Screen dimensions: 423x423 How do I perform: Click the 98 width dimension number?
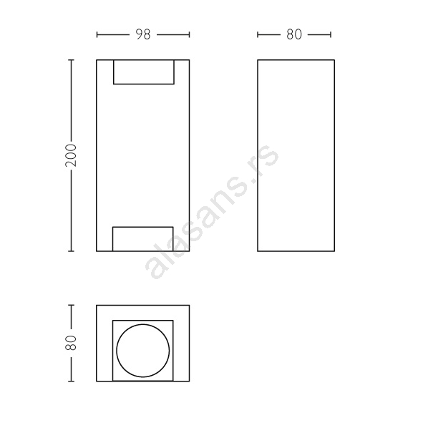click(x=143, y=34)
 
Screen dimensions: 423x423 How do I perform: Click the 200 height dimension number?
click(x=71, y=155)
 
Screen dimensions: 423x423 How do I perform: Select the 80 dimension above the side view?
click(x=294, y=34)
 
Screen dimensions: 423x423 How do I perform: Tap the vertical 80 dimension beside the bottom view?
click(x=71, y=343)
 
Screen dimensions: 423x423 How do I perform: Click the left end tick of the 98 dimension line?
click(x=97, y=34)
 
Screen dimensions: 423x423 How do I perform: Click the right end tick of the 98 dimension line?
click(x=190, y=34)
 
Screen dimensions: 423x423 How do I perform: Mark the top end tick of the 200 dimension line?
click(x=72, y=60)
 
